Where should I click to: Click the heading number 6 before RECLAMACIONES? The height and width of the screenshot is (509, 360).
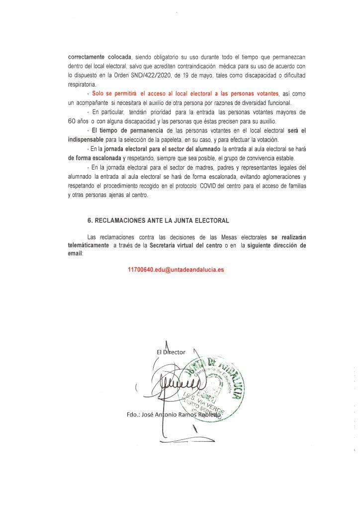89,219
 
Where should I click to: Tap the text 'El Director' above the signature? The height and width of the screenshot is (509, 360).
171,352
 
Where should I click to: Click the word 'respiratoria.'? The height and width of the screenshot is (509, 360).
83,85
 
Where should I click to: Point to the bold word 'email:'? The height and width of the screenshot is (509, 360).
76,253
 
